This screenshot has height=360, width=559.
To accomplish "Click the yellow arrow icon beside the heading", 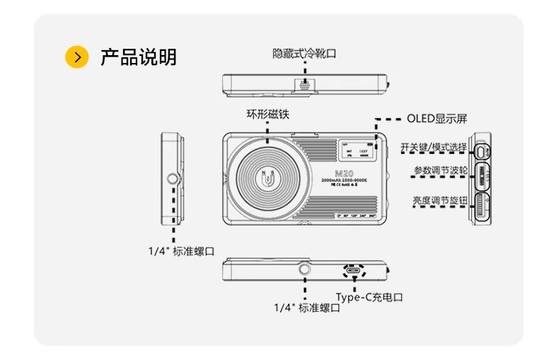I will [x=77, y=57].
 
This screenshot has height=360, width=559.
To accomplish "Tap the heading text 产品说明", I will [x=138, y=57].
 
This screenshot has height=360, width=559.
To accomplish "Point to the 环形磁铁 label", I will [x=267, y=114].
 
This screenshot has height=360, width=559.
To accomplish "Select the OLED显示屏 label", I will [x=437, y=118].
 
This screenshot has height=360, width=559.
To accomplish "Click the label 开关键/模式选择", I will [x=433, y=147].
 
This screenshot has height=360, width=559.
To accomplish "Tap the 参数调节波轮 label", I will [x=439, y=171].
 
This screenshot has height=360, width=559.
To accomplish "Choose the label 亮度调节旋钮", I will [x=439, y=201].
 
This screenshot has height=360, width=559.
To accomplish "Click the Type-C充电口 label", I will [x=369, y=297].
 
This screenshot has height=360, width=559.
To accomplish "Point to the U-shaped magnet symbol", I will [x=268, y=180].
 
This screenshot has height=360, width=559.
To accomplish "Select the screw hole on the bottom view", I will [x=305, y=269].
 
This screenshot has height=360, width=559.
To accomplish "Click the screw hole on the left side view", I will [x=172, y=178].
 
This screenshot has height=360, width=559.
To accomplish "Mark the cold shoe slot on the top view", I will [x=305, y=83].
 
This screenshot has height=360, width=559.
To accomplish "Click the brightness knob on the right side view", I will [x=482, y=207].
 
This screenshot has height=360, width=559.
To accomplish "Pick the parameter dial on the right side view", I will [x=482, y=174].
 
